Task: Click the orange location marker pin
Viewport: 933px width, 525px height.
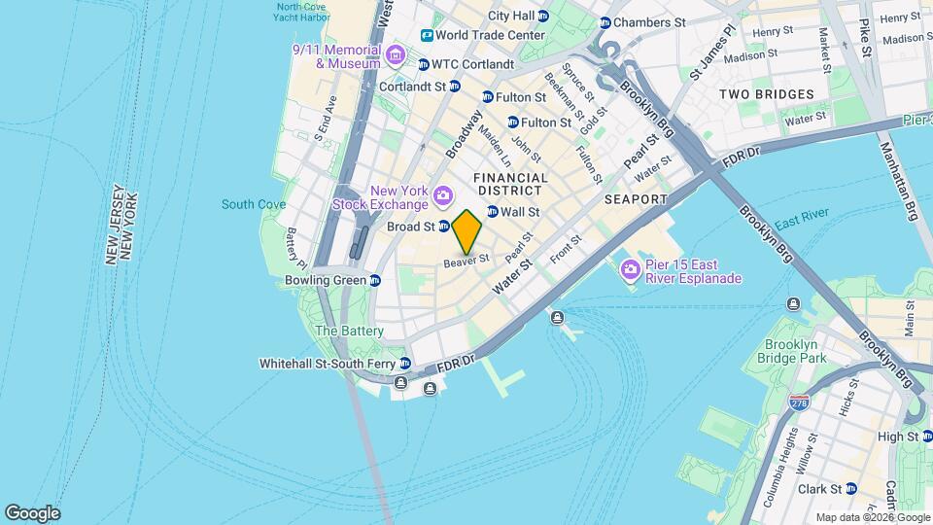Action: click(x=467, y=230)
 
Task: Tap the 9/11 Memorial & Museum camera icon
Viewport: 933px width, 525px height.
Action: click(x=394, y=52)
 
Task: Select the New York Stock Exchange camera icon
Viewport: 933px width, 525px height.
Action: click(x=443, y=196)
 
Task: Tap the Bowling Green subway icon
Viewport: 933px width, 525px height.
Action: click(x=374, y=280)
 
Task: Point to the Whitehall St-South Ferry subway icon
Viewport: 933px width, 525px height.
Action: click(x=405, y=364)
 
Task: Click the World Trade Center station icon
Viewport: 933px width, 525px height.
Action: click(x=427, y=35)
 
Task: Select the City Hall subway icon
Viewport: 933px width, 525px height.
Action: click(x=543, y=16)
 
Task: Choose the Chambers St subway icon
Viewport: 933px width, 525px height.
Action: click(x=605, y=22)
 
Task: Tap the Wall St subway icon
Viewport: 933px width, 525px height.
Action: click(x=492, y=211)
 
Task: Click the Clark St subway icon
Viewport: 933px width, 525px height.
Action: click(x=851, y=488)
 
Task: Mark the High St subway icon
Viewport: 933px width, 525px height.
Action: click(x=913, y=437)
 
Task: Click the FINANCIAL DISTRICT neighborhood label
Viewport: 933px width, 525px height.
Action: click(x=510, y=185)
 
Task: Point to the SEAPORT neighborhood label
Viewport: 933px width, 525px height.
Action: click(x=636, y=199)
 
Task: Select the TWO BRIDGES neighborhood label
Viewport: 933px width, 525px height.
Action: click(x=767, y=94)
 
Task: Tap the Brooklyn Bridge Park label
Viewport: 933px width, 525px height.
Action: click(x=795, y=352)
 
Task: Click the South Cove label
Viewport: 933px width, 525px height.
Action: click(x=254, y=204)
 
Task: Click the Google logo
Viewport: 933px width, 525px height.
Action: click(x=32, y=513)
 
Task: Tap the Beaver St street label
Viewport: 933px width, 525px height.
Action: click(x=466, y=262)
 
